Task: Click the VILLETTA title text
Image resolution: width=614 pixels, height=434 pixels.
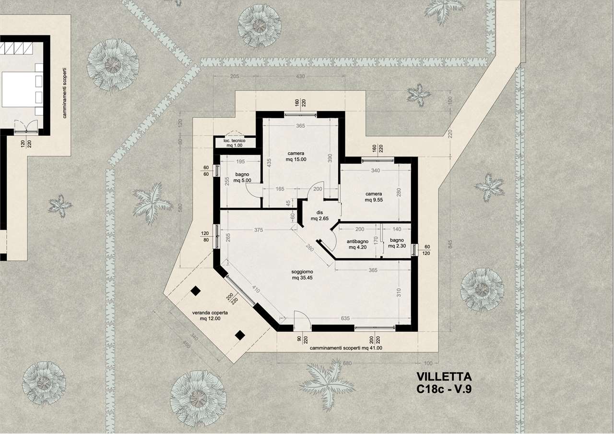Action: tap(444, 377)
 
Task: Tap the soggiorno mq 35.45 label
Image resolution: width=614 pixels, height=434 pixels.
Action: tap(302, 275)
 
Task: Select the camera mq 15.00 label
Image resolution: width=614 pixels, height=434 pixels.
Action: tap(296, 156)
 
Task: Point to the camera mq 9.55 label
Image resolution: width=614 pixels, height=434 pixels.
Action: tap(374, 197)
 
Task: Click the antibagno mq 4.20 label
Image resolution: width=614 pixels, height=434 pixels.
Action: tap(357, 244)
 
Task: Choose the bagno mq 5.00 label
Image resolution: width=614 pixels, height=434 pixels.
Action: tap(242, 177)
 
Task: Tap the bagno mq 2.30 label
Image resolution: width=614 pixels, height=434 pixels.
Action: tap(397, 243)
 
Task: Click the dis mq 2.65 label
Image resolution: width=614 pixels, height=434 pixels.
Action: tap(319, 216)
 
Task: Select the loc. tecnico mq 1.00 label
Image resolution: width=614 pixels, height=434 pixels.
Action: tap(235, 143)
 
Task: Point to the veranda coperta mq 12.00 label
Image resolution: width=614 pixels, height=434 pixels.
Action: tap(210, 315)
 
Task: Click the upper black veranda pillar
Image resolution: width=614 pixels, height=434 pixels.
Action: tap(195, 291)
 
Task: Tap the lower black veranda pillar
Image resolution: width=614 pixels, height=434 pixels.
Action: tap(240, 335)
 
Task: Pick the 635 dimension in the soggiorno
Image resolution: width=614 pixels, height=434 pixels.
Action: tap(345, 318)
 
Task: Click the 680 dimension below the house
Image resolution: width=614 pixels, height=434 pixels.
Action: tap(347, 363)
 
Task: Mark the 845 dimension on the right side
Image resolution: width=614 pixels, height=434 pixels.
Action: tap(450, 244)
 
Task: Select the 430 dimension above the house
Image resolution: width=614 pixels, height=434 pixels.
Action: tap(300, 76)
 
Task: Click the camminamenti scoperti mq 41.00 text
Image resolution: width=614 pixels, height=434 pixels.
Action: tap(346, 348)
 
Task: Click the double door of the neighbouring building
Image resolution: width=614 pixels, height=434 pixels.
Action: tap(26, 128)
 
